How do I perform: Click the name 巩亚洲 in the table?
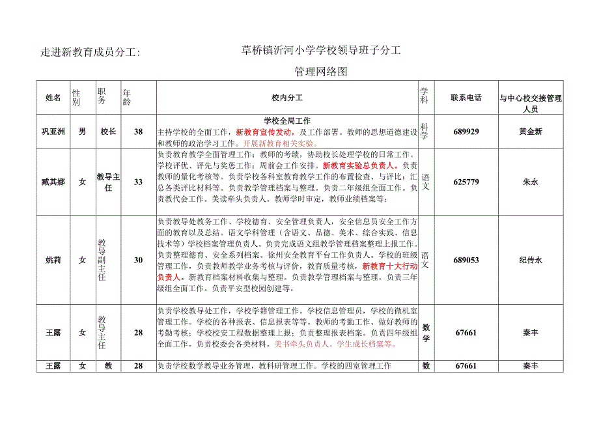coord(53,132)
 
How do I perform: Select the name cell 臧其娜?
coord(53,182)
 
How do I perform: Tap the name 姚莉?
coord(53,260)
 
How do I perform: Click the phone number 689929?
coord(466,132)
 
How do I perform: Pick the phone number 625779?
coord(466,182)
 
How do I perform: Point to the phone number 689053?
coord(466,260)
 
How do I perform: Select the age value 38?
coord(138,132)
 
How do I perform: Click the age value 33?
coord(138,182)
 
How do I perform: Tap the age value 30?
coord(138,260)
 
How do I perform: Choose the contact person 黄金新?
coord(530,132)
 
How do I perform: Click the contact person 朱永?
coord(530,182)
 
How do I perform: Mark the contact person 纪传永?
coord(530,260)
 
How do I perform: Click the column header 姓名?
coord(53,98)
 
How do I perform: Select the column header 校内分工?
coord(287,98)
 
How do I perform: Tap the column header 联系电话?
coord(466,98)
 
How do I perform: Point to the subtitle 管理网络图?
coord(321,72)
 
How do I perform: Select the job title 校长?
coord(108,132)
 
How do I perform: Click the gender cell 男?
coord(82,132)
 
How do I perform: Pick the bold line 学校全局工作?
coord(287,120)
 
